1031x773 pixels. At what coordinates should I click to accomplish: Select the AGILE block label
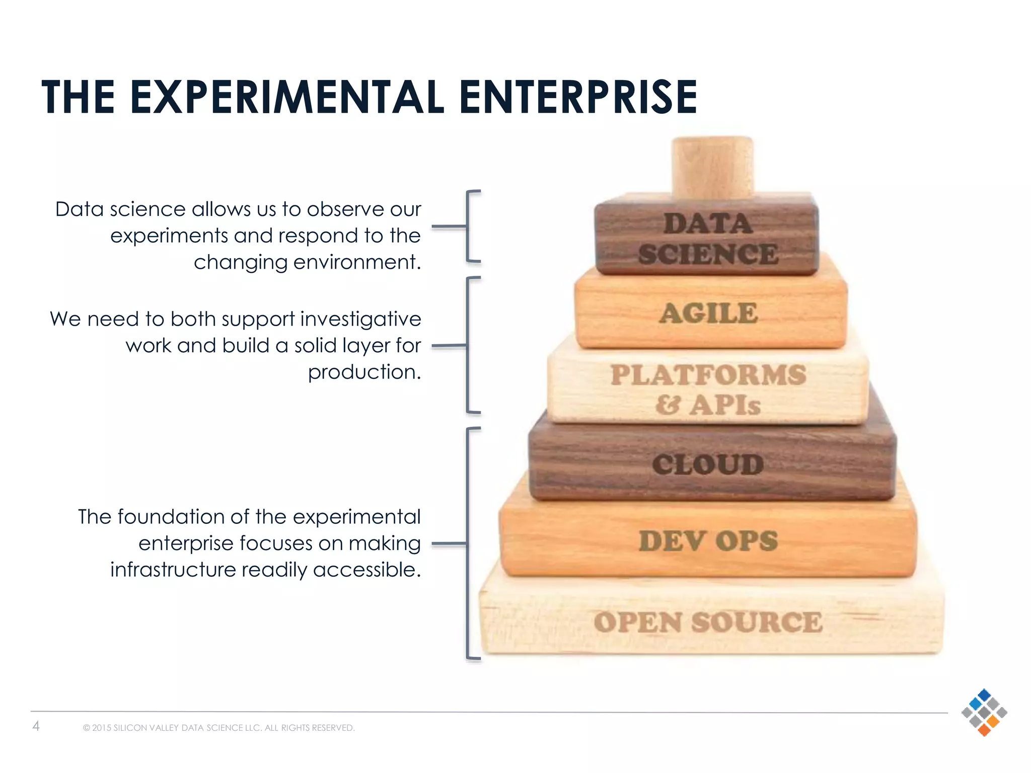708,314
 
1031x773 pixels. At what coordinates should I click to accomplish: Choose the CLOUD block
708,464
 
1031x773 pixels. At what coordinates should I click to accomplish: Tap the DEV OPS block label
708,541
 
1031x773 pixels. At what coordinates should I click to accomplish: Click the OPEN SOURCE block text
708,623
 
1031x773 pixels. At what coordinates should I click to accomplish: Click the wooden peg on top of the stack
712,166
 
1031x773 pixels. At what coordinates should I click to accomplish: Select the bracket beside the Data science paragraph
468,226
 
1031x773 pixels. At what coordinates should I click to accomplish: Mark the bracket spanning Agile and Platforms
468,345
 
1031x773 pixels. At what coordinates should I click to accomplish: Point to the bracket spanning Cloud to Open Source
468,544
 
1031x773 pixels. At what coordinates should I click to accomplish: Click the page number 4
36,726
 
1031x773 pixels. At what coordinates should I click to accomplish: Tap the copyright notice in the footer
219,728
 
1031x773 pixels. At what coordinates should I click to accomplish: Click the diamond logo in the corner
984,713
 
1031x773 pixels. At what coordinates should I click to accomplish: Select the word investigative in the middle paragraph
360,319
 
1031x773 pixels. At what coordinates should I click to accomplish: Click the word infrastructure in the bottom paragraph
173,570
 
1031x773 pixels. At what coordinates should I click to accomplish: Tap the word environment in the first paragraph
357,262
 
